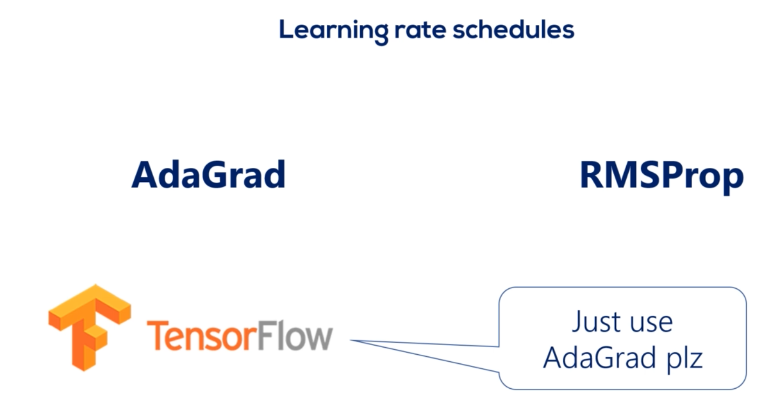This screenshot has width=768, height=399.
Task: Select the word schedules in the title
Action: coord(513,29)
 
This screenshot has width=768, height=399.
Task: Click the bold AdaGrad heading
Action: coord(209,174)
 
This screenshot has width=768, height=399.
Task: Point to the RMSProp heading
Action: coord(662,178)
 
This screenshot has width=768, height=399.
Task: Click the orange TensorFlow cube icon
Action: coord(90,328)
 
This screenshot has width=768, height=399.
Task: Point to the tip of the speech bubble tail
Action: coord(349,340)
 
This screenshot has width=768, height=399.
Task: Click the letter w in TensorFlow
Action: coord(319,339)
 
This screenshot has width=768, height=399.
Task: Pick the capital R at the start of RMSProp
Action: coord(593,174)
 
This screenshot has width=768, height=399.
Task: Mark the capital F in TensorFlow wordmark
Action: coord(265,335)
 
